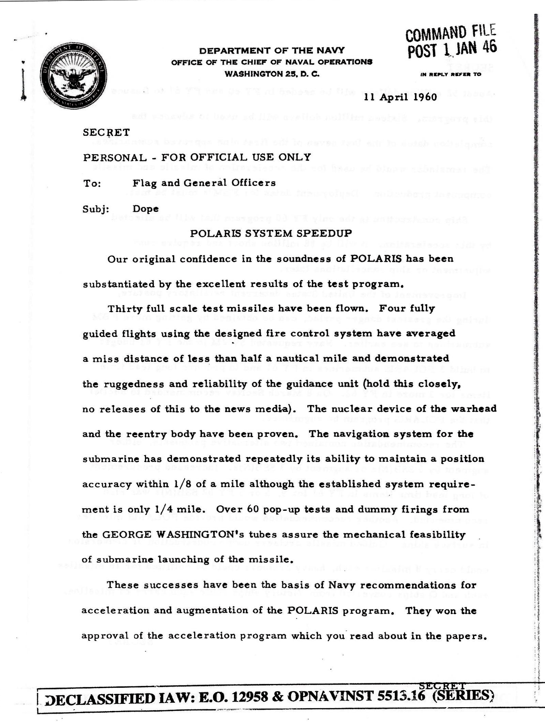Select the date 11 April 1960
coord(400,97)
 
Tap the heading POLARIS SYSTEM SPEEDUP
coord(271,233)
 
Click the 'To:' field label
coord(92,183)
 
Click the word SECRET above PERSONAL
coord(106,132)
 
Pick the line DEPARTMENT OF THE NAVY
coord(272,51)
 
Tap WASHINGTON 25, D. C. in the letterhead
coord(272,74)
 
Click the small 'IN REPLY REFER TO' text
coord(451,74)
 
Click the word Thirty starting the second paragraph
coord(124,309)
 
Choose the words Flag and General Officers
coord(204,183)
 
